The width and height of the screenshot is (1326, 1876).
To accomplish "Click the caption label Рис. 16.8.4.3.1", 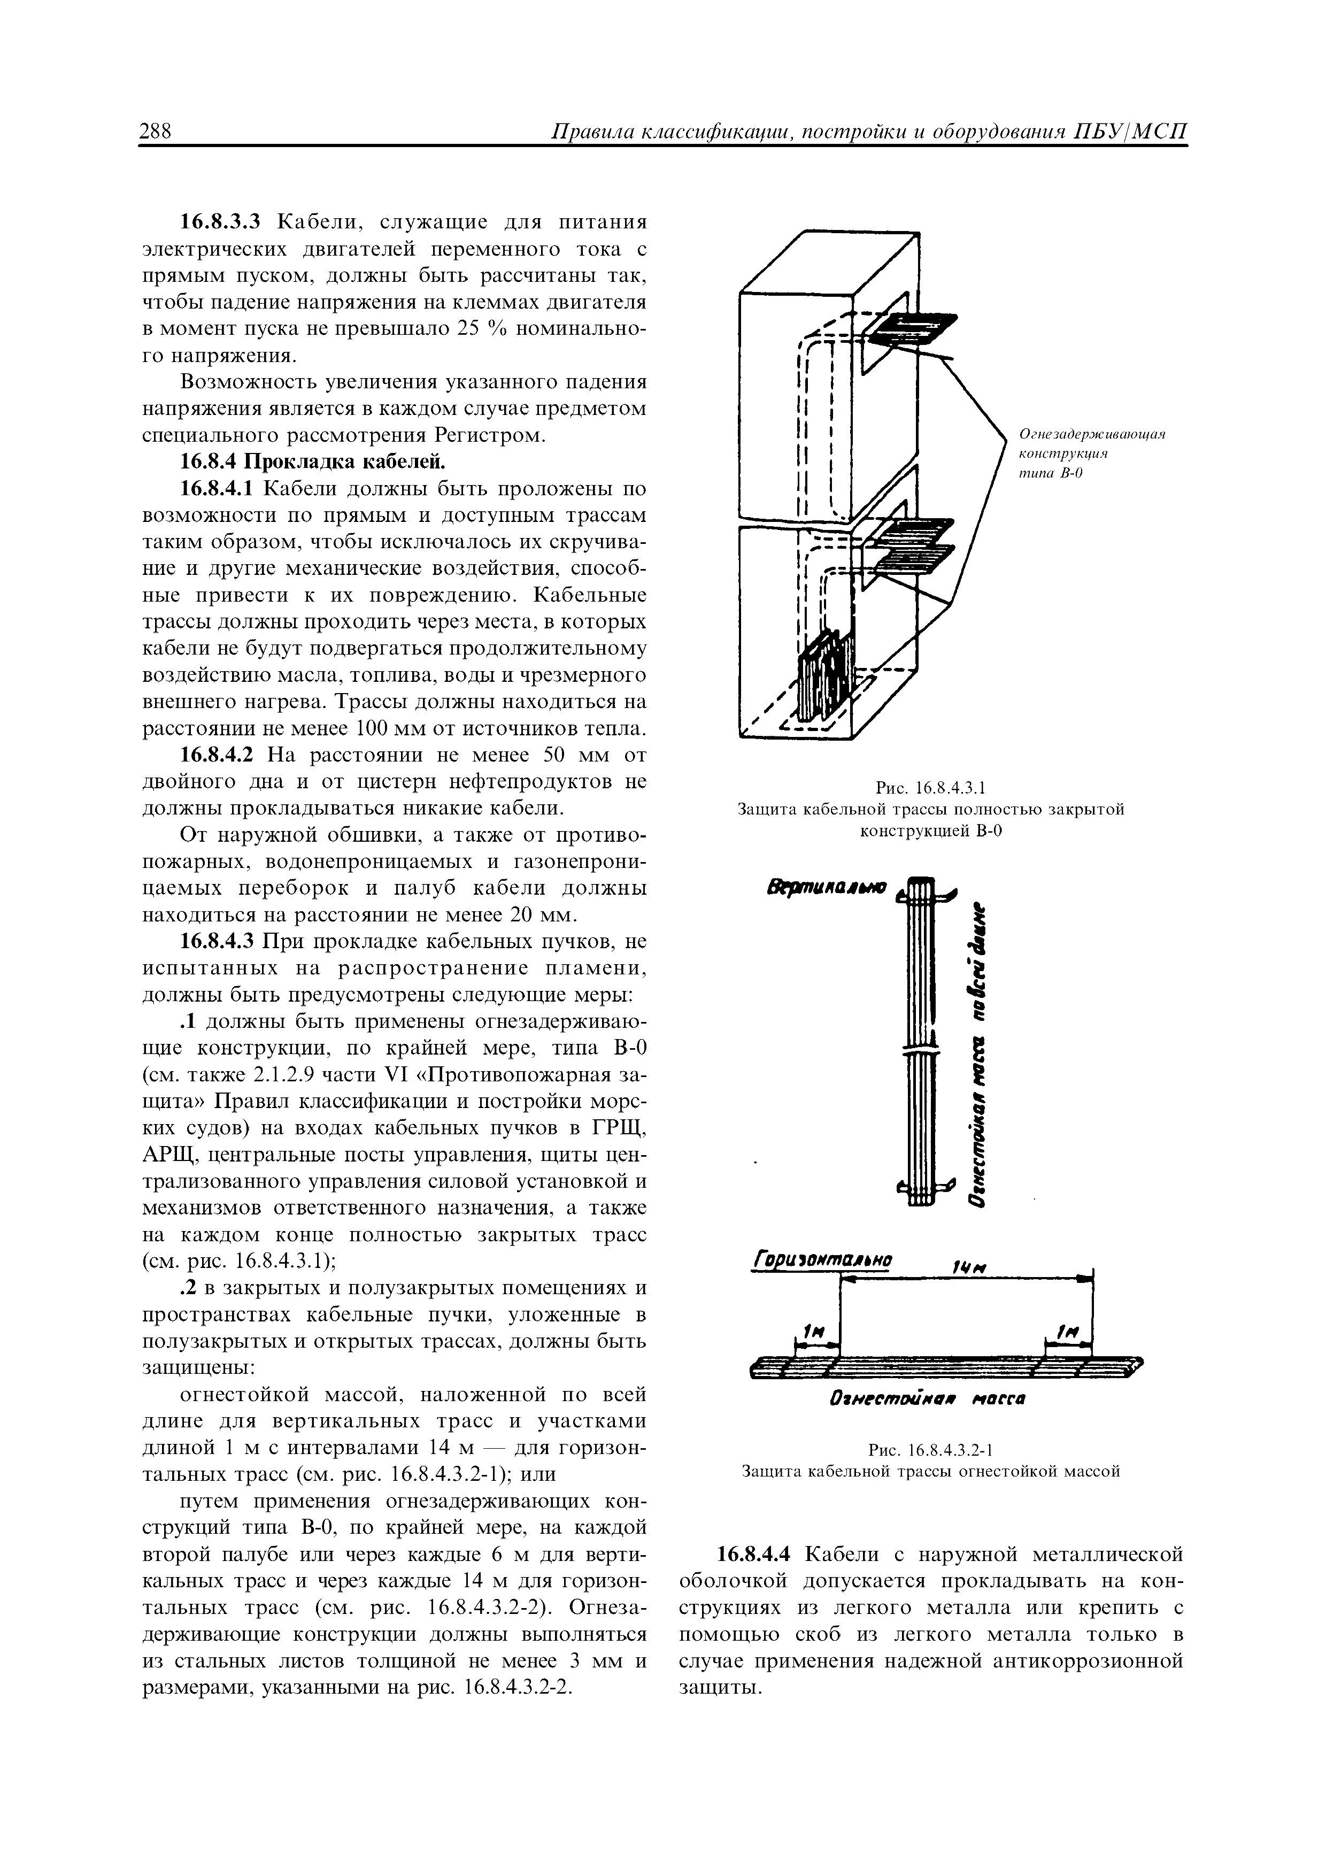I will pos(930,788).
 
